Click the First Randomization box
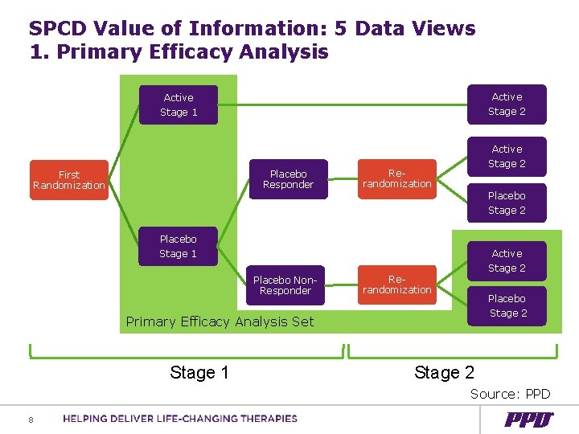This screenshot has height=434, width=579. pyautogui.click(x=69, y=180)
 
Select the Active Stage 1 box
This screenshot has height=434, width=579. pyautogui.click(x=178, y=105)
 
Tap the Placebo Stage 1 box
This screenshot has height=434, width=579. pyautogui.click(x=178, y=246)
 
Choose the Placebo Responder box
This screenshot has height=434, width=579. pyautogui.click(x=288, y=179)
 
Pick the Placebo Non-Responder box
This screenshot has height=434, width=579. pyautogui.click(x=285, y=285)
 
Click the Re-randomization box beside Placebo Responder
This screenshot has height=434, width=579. pyautogui.click(x=397, y=179)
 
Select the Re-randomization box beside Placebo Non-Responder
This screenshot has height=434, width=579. pyautogui.click(x=397, y=285)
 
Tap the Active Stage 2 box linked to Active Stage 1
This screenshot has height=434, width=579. pyautogui.click(x=507, y=104)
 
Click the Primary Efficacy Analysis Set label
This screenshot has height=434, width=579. pyautogui.click(x=220, y=321)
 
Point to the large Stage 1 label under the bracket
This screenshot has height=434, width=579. pyautogui.click(x=199, y=372)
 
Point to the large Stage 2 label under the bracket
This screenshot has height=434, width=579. pyautogui.click(x=444, y=372)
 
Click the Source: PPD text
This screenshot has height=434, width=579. pyautogui.click(x=510, y=394)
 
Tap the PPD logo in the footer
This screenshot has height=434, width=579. pyautogui.click(x=528, y=420)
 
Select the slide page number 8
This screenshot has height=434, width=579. pyautogui.click(x=31, y=419)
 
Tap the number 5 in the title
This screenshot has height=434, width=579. pyautogui.click(x=341, y=29)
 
